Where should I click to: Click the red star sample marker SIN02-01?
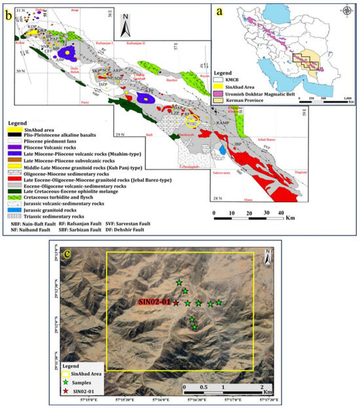pyautogui.click(x=175, y=303)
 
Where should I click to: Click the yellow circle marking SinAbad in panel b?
pyautogui.click(x=191, y=121)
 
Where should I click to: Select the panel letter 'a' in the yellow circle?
pyautogui.click(x=226, y=13)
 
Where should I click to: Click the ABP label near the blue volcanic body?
pyautogui.click(x=60, y=58)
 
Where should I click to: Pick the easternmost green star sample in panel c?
pyautogui.click(x=219, y=302)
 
